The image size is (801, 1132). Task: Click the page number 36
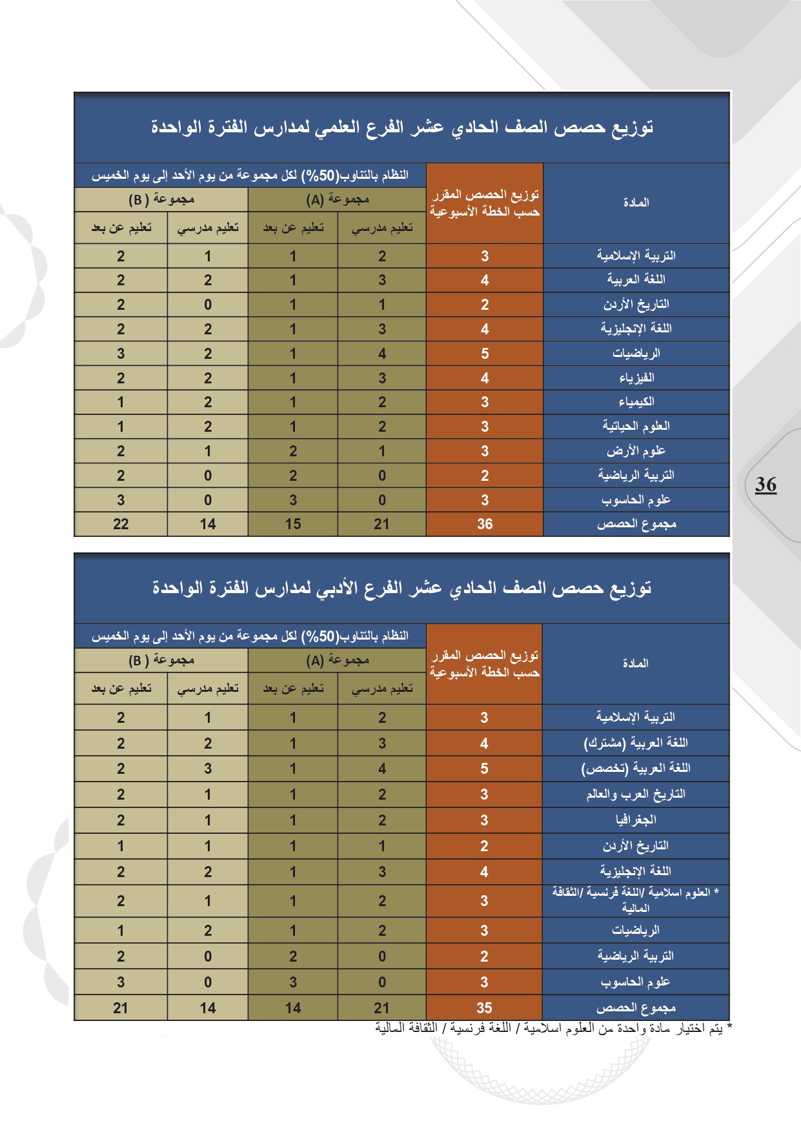766,484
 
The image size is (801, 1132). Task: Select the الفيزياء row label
636,378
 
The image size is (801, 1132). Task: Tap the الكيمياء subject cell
636,402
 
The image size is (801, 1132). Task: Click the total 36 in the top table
485,524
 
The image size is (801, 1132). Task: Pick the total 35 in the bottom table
484,1008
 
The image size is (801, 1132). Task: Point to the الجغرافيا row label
636,820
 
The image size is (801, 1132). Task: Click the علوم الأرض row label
636,451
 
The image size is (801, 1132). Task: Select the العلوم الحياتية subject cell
636,427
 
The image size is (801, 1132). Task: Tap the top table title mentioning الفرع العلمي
402,127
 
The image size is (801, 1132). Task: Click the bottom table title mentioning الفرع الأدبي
402,588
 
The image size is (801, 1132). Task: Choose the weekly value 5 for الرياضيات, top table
485,354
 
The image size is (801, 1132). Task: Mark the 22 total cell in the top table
121,524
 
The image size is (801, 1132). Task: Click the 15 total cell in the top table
293,524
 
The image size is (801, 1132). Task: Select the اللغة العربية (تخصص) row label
636,769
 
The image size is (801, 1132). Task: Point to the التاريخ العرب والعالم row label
636,794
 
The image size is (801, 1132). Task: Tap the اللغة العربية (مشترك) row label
636,743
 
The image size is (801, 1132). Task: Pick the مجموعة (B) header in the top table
161,199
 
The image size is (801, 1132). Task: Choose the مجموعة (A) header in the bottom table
337,660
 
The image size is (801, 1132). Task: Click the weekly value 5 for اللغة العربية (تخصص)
484,769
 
